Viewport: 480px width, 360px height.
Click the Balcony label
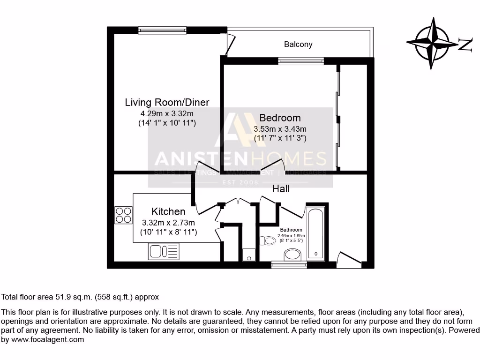pyautogui.click(x=298, y=45)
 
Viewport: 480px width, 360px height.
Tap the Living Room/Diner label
pyautogui.click(x=167, y=103)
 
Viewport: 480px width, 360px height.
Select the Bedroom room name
pyautogui.click(x=280, y=118)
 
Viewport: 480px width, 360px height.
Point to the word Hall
pyautogui.click(x=281, y=189)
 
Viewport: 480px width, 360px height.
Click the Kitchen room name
pyautogui.click(x=168, y=212)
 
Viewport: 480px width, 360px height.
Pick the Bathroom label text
pyautogui.click(x=291, y=230)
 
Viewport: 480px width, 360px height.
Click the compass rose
pyautogui.click(x=432, y=43)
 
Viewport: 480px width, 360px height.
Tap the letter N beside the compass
pyautogui.click(x=465, y=45)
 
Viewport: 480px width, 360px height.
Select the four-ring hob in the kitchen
pyautogui.click(x=124, y=215)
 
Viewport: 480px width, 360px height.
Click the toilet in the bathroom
pyautogui.click(x=268, y=241)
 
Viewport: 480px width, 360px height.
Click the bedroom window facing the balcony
pyautogui.click(x=300, y=61)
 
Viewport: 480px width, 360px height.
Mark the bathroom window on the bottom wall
pyautogui.click(x=289, y=265)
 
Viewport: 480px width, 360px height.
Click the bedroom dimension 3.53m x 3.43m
pyautogui.click(x=280, y=129)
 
